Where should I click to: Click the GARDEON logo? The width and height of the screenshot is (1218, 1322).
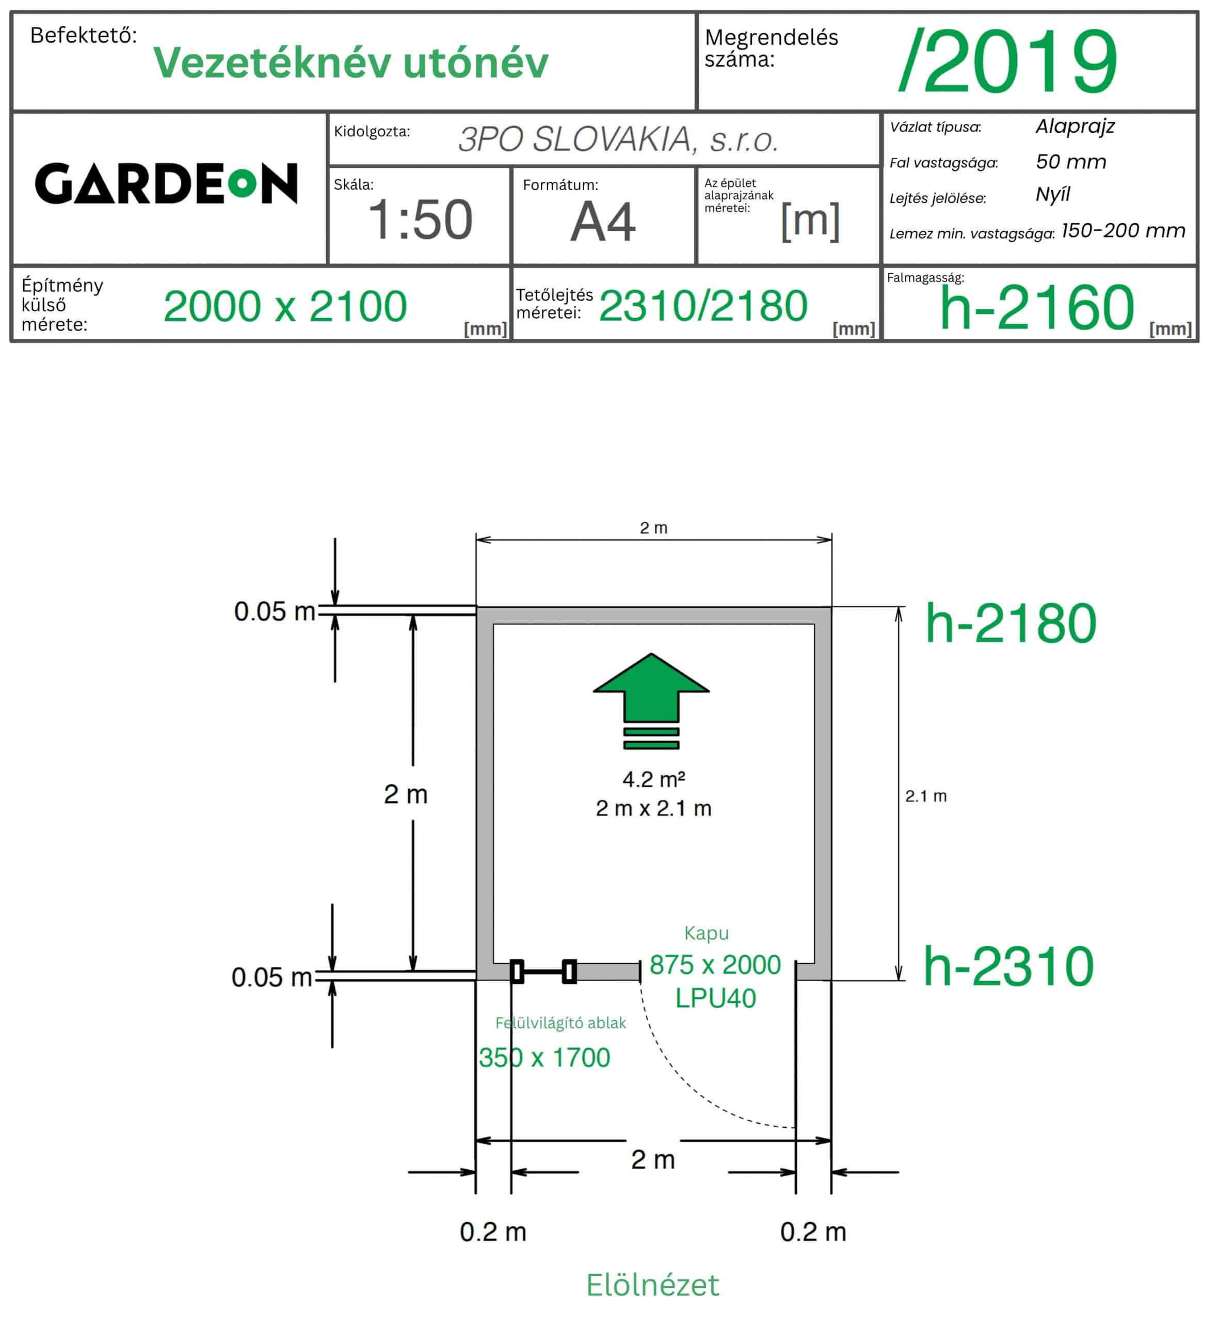(x=166, y=183)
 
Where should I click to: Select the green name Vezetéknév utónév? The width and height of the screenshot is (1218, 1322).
(x=350, y=62)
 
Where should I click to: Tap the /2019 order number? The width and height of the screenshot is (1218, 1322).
(x=1008, y=61)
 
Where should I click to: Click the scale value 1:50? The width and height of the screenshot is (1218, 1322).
(x=421, y=219)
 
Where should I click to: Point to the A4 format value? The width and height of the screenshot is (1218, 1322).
(x=603, y=222)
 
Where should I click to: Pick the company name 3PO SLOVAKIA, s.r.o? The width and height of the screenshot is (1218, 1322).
(x=619, y=139)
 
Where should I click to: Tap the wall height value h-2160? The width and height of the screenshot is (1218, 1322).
(x=1037, y=307)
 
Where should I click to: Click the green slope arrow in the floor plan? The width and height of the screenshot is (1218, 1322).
(x=651, y=701)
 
